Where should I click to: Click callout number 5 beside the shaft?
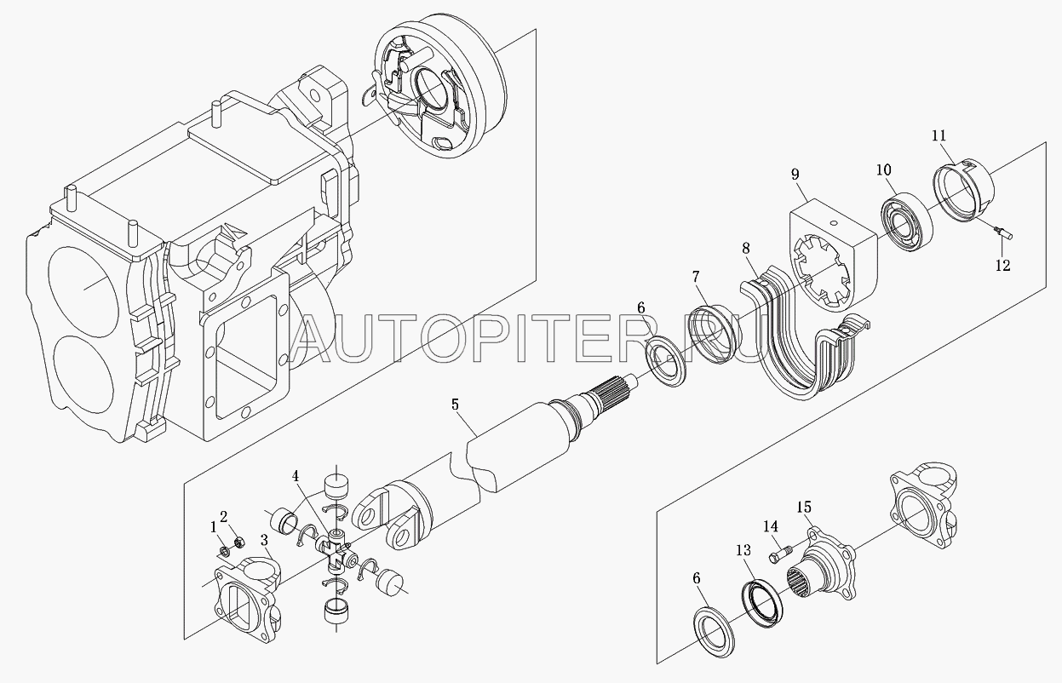pyautogui.click(x=455, y=405)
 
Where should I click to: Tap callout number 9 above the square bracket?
pyautogui.click(x=795, y=175)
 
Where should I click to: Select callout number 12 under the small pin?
pyautogui.click(x=1002, y=266)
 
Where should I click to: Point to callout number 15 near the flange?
pyautogui.click(x=804, y=508)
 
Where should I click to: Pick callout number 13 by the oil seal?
pyautogui.click(x=743, y=550)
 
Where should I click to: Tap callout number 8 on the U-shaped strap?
pyautogui.click(x=746, y=249)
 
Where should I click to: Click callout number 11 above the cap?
pyautogui.click(x=939, y=136)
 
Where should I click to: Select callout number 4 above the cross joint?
pyautogui.click(x=296, y=476)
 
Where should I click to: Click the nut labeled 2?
pyautogui.click(x=239, y=542)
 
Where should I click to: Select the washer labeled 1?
pyautogui.click(x=224, y=551)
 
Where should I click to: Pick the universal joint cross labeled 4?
pyautogui.click(x=337, y=552)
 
